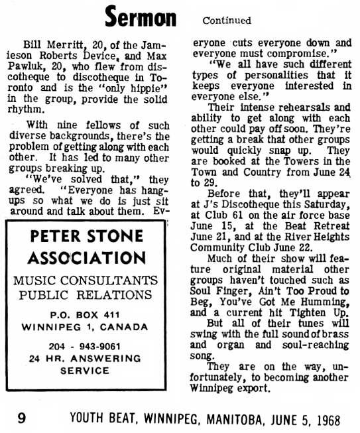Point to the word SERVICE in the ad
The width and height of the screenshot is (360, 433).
coord(84,371)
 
